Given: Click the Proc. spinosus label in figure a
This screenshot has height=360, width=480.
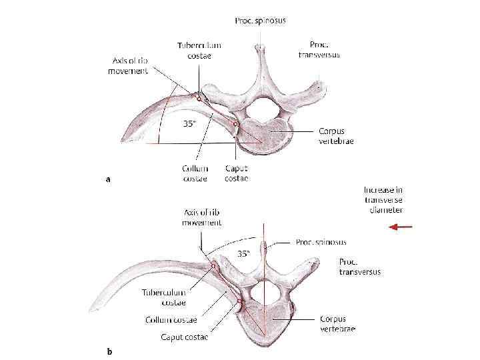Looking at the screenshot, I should [x=261, y=21].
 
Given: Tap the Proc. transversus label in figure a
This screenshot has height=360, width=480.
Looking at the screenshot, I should [x=319, y=49].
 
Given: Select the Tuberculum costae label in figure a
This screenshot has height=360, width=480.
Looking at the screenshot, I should [x=199, y=51].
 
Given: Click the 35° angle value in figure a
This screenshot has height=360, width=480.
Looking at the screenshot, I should [x=190, y=123].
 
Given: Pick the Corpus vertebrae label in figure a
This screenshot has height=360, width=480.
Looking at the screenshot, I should [x=336, y=136].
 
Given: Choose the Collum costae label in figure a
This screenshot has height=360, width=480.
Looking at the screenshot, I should [x=195, y=173].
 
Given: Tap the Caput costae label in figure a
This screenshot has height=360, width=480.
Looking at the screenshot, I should [x=237, y=173].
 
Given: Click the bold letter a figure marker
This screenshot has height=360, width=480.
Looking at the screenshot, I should [x=109, y=179].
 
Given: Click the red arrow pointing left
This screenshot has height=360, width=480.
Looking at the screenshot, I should [x=401, y=227].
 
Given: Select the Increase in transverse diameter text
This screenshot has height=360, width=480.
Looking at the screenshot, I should [x=384, y=200].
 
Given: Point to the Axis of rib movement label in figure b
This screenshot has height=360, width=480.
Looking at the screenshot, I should [x=201, y=217].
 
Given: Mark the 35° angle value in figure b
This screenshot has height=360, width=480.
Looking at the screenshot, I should [x=244, y=253].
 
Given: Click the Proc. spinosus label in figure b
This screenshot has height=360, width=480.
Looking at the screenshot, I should [x=321, y=242].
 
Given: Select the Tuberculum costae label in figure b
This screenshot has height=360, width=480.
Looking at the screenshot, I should [x=164, y=297].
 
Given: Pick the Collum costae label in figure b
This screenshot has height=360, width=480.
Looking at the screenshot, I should [x=171, y=320].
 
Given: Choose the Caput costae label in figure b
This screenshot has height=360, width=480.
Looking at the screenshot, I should [x=184, y=337].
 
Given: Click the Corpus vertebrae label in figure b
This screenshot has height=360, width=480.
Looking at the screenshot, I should [x=337, y=324].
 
